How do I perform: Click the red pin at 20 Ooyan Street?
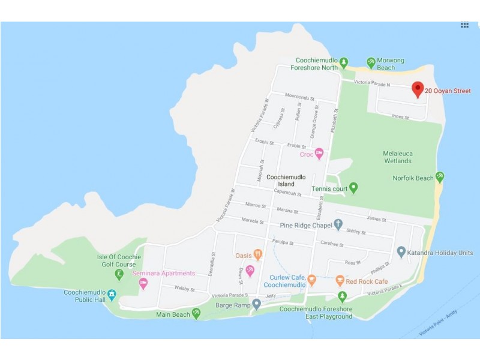point(418,89)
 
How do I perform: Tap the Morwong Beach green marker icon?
point(371,62)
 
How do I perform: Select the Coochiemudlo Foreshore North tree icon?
point(344,62)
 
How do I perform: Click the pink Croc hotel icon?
point(320,154)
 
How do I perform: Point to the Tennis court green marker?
point(353,188)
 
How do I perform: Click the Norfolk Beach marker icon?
point(440,177)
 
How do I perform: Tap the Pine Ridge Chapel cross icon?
point(338,225)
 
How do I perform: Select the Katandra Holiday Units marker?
point(401,251)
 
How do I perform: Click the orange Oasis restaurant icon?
point(257,254)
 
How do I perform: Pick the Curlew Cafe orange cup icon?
point(311,280)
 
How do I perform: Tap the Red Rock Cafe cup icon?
point(340,281)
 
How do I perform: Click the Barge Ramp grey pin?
point(257,304)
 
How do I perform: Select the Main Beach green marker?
point(196,313)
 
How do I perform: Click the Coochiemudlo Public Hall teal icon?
point(112,296)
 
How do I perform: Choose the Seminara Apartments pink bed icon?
point(143,283)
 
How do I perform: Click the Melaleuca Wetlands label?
point(398,157)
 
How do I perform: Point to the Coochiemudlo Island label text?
point(286,181)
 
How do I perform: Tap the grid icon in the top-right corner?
point(464,25)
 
